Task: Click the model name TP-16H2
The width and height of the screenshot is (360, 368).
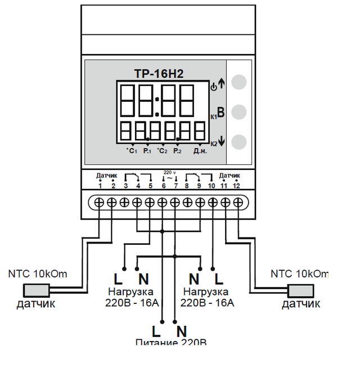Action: [x=159, y=73]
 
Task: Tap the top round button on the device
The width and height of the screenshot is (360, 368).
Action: [x=239, y=82]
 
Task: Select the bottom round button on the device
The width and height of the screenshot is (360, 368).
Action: [x=239, y=142]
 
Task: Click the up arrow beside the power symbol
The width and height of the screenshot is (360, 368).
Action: [x=220, y=84]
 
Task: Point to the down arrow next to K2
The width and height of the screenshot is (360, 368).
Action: [x=221, y=142]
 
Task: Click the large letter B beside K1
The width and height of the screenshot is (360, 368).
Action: [x=221, y=113]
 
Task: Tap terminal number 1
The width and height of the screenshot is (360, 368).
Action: [x=100, y=186]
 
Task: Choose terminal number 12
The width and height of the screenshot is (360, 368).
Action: [x=237, y=186]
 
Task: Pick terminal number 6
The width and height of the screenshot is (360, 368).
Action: [x=163, y=186]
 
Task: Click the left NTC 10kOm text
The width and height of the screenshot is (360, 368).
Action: [x=38, y=274]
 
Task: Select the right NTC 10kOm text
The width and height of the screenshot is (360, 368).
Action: [x=299, y=274]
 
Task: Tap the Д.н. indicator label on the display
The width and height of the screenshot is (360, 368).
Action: [x=201, y=151]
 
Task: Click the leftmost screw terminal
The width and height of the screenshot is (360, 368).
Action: [x=100, y=201]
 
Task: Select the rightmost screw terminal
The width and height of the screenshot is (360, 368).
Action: [x=238, y=201]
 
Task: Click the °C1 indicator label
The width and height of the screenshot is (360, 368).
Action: [x=132, y=151]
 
